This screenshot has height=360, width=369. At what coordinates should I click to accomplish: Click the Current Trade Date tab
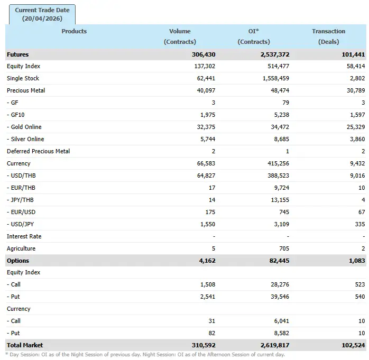point(42,14)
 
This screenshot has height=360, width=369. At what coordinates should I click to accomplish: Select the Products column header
point(74,31)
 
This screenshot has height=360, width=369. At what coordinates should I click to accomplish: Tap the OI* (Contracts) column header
point(254,36)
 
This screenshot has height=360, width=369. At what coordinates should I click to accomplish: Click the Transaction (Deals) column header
point(328,36)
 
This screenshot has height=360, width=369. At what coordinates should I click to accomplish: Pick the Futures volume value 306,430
point(204,54)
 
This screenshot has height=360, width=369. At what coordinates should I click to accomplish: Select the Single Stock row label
point(23,79)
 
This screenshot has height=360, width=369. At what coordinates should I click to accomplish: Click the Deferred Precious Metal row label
point(38,152)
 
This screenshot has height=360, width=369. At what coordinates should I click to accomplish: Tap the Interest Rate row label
point(24,237)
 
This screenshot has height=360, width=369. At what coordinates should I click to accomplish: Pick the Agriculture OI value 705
point(284,249)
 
